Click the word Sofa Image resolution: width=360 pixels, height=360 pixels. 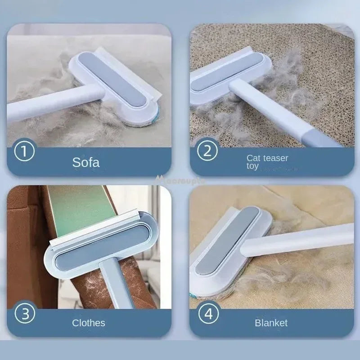[x=86, y=162]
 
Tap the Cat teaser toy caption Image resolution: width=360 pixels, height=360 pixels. [x=267, y=162]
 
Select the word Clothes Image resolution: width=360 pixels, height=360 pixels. [x=89, y=323]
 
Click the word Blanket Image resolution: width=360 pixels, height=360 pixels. [x=271, y=323]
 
